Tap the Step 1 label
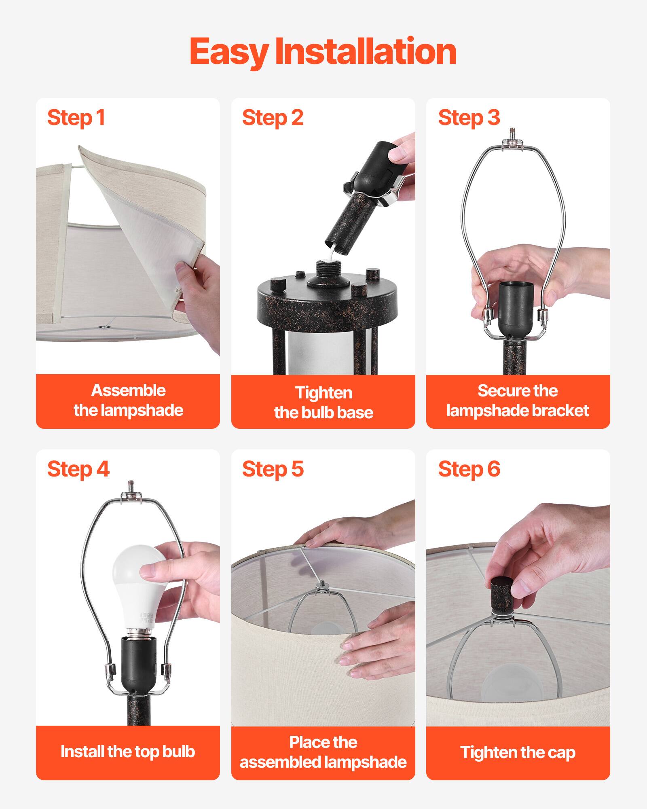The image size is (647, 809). [76, 118]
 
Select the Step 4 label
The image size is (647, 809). [78, 469]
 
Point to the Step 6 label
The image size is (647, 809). [469, 469]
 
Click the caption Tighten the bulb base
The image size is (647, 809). [323, 402]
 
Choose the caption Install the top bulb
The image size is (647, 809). [128, 752]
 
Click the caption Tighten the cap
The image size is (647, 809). [518, 752]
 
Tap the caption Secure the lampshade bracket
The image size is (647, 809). [518, 400]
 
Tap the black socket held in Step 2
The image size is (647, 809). [376, 166]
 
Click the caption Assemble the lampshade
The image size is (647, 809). [128, 400]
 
